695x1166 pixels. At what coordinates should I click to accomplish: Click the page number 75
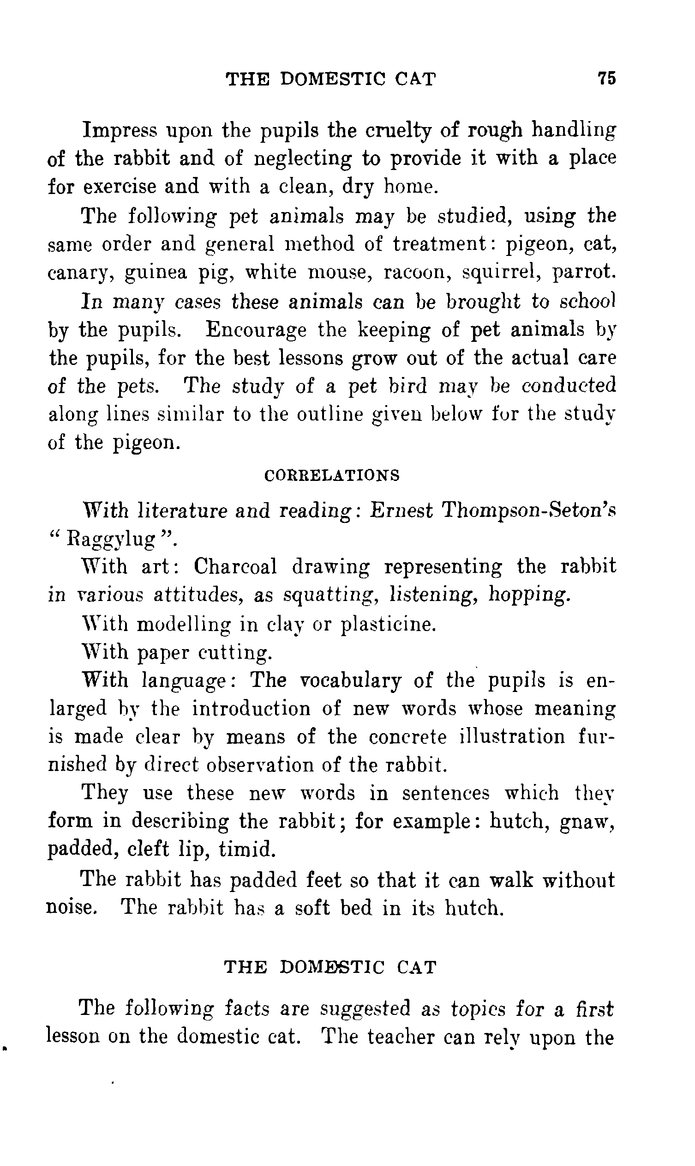[607, 78]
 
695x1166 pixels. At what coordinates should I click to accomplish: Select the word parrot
[583, 273]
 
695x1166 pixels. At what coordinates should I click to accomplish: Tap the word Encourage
[256, 330]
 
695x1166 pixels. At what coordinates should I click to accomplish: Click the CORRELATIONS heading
[332, 475]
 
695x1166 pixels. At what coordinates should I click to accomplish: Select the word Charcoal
[235, 567]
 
